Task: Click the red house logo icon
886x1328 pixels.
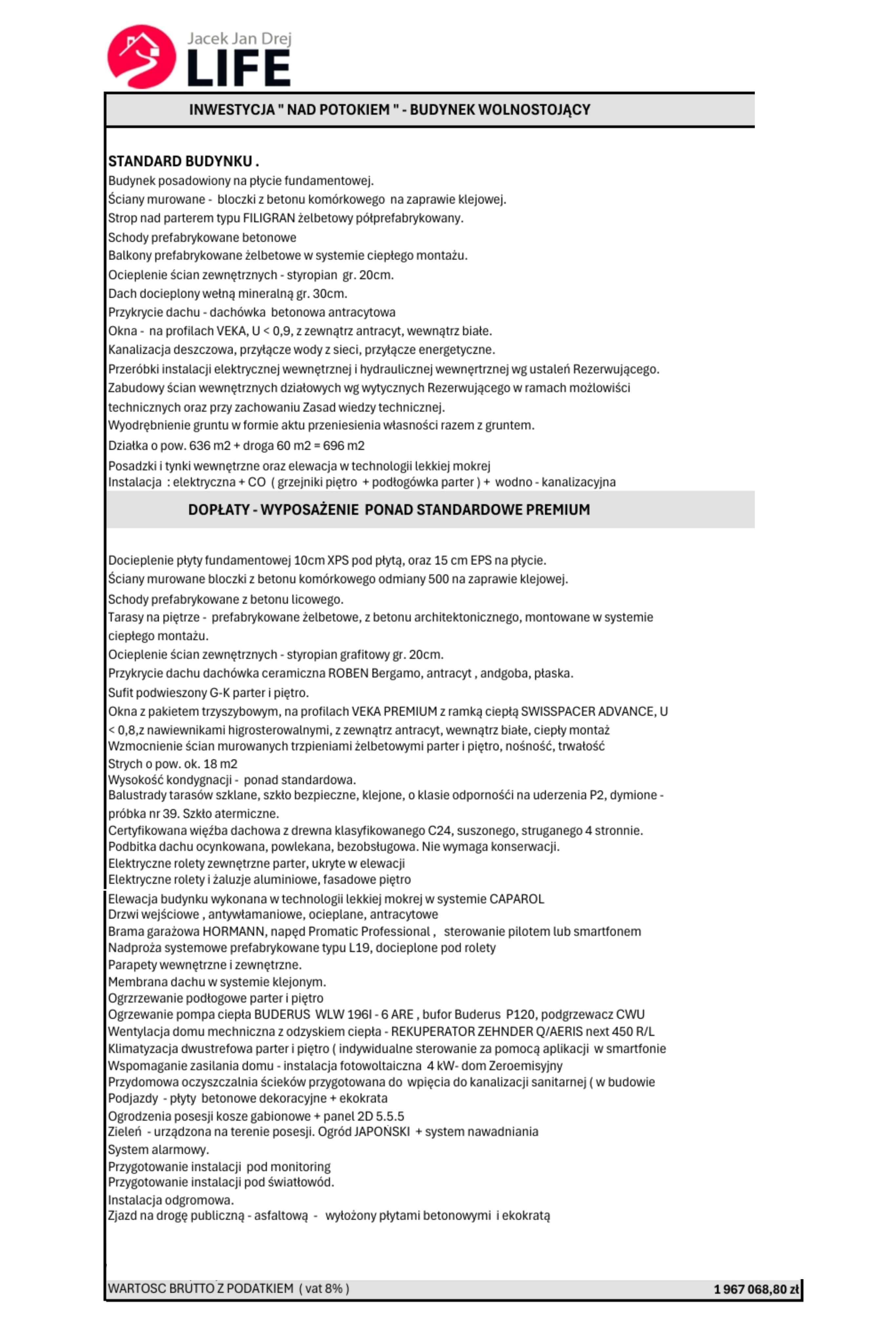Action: pos(141,56)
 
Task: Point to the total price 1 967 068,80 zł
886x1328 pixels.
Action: pos(756,1289)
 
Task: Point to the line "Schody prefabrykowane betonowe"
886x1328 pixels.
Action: pos(202,237)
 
